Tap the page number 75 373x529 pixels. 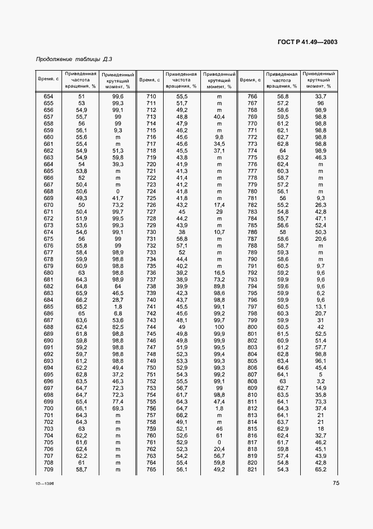tap(335, 483)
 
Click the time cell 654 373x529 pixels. tap(49, 97)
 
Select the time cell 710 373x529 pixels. tap(151, 97)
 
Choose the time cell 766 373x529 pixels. tap(252, 97)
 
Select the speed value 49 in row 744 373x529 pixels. tap(182, 327)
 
